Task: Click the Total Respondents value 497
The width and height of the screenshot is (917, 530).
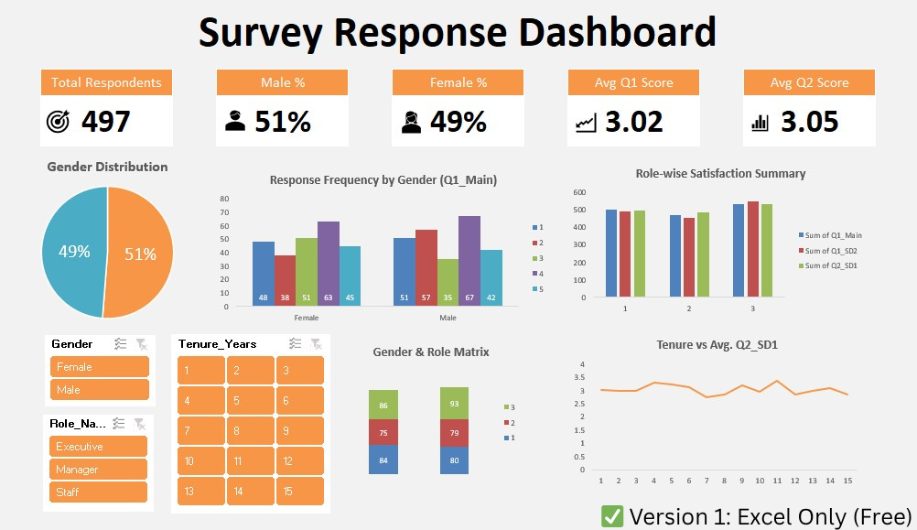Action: tap(106, 122)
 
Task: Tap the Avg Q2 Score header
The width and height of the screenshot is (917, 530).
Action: tap(809, 82)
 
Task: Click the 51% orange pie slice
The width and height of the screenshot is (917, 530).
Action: tap(137, 252)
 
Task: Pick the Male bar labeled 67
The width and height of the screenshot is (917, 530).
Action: tap(469, 261)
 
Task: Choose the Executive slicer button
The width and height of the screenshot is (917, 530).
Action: tap(99, 447)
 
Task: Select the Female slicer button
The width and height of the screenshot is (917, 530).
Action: tap(99, 367)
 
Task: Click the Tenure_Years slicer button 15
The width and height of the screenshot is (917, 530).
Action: tap(299, 492)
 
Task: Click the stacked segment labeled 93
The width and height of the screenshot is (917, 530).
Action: tap(455, 404)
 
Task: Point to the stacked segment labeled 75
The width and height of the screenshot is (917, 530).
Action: tap(383, 432)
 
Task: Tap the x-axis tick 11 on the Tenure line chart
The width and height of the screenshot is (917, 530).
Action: tap(777, 481)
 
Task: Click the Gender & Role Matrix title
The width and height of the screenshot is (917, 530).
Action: tap(431, 352)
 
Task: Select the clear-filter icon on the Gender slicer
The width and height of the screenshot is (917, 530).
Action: tap(140, 344)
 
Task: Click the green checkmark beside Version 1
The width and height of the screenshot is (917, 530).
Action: tap(612, 515)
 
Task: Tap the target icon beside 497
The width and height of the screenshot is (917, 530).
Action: tap(57, 122)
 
